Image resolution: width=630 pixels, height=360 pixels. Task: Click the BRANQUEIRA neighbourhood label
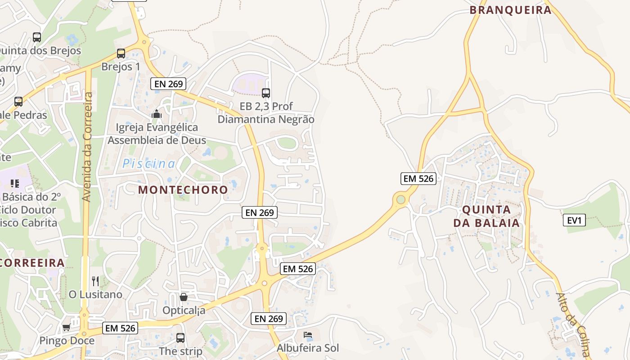pos(510,10)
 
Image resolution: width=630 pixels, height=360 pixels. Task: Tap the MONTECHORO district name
pos(183,189)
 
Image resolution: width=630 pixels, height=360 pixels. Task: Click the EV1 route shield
pos(574,220)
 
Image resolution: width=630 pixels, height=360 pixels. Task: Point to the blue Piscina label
pos(149,164)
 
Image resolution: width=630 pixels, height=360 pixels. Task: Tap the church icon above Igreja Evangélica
pos(157,114)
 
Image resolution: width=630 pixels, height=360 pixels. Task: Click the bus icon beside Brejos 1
pos(121,54)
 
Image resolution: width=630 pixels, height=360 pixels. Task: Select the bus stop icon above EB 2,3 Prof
pos(266,93)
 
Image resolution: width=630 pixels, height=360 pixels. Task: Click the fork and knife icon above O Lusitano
pos(95,282)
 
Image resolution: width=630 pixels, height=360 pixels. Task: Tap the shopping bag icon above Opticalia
pos(183,297)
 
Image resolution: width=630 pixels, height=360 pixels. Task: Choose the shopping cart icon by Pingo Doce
pos(67,328)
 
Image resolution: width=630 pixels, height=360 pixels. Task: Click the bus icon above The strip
pos(180,337)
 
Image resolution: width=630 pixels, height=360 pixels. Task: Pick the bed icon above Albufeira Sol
pos(308,335)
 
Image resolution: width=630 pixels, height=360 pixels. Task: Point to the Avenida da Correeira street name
pos(88,147)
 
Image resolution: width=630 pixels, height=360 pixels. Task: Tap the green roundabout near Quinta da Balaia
pos(400,199)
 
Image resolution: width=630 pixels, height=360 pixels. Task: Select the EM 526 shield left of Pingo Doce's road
pos(120,328)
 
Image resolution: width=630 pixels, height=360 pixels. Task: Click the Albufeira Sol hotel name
pos(307,348)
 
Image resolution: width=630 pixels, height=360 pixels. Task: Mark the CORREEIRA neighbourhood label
pos(32,263)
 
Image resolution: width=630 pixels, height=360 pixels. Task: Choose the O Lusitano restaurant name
pos(95,294)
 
